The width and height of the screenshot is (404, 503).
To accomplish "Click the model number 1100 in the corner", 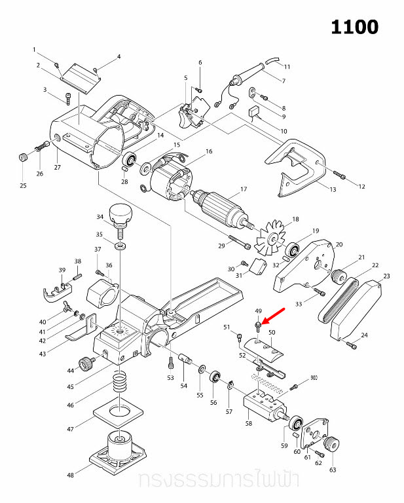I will [x=354, y=27].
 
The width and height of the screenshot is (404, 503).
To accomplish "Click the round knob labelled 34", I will [x=121, y=212].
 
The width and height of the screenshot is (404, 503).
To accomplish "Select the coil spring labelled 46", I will [x=119, y=381].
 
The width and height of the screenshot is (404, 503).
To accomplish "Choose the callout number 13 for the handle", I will [x=333, y=190].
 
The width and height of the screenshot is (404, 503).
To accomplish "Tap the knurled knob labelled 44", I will [x=85, y=363].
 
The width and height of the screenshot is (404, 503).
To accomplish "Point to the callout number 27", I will [x=57, y=168].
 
